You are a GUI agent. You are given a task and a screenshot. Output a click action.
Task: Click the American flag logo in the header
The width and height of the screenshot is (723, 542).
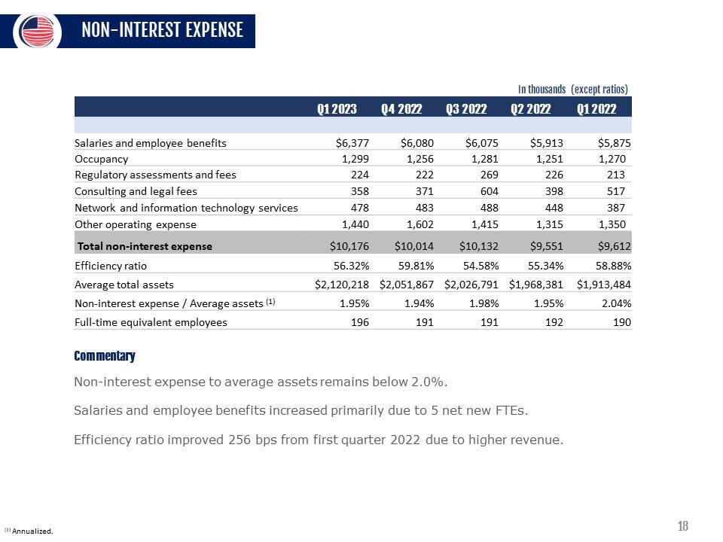tap(38, 32)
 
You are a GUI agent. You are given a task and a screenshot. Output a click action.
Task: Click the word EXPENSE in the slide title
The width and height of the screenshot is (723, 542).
tap(214, 30)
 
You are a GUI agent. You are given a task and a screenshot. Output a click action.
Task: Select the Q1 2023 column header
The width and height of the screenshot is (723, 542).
tap(337, 108)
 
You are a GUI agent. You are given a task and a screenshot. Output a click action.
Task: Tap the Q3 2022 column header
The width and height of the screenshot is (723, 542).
tap(466, 108)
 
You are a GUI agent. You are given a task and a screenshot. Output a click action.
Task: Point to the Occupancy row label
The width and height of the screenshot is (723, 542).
tap(102, 159)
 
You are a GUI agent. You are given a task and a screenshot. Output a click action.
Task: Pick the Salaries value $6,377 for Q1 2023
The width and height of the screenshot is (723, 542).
tap(352, 143)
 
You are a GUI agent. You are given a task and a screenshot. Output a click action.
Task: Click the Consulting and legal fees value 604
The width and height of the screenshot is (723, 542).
tap(490, 191)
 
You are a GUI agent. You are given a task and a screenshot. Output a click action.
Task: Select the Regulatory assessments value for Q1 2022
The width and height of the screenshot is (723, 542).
tap(616, 175)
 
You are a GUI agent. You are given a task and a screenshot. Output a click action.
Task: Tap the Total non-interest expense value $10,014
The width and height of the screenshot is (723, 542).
tap(414, 246)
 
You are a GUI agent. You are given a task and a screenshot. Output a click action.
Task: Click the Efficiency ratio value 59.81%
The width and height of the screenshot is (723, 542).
tap(416, 266)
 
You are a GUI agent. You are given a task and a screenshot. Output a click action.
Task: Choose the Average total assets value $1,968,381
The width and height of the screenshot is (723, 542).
tap(535, 285)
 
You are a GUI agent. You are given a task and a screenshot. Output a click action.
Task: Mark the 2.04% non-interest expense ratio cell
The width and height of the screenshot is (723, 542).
tap(617, 303)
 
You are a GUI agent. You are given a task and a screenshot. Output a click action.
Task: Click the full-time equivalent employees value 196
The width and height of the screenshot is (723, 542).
tap(360, 322)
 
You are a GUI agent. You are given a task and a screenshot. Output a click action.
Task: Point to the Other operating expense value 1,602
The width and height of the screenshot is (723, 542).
tap(420, 224)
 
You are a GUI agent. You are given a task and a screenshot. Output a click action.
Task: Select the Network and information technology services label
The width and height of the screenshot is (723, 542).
tap(186, 208)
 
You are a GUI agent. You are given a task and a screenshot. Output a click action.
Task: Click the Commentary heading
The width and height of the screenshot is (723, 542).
tap(105, 356)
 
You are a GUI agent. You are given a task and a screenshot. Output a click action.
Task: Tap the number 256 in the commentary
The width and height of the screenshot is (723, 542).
tap(239, 440)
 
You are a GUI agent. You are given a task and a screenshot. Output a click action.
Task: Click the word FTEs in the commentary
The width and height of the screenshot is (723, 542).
tap(512, 410)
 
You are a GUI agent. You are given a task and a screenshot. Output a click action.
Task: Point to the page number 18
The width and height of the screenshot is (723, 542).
tap(683, 526)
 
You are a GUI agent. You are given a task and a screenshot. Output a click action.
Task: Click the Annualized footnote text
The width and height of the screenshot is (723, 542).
tap(32, 531)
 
